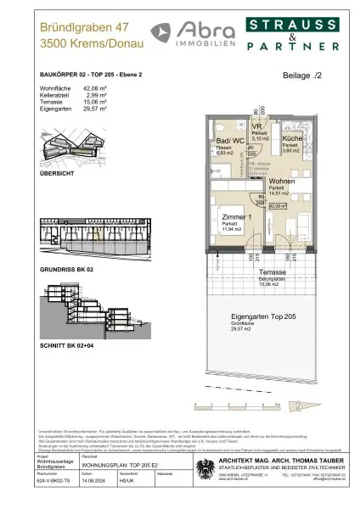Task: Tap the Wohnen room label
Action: click(x=281, y=182)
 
